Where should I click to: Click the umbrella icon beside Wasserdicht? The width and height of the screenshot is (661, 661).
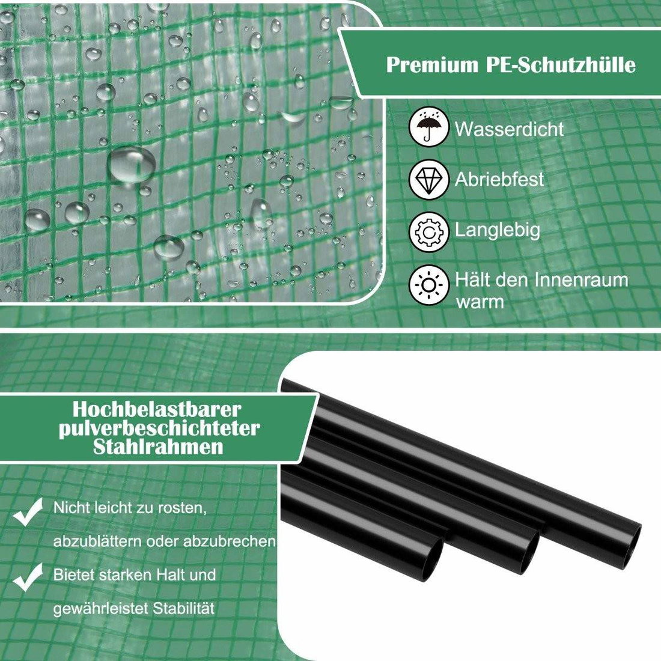[428, 127]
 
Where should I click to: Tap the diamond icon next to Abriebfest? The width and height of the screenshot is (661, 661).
[428, 180]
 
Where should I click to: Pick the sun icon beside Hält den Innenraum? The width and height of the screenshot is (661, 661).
[428, 285]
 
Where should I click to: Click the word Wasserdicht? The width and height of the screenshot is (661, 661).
[509, 129]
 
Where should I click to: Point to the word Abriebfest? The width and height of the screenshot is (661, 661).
[499, 179]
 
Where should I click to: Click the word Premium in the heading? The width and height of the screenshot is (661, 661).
[432, 65]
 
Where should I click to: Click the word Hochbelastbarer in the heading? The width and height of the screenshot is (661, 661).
[157, 409]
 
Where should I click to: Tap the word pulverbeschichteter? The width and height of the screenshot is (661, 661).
[159, 428]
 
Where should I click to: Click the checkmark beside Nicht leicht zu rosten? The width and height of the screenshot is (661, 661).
[28, 511]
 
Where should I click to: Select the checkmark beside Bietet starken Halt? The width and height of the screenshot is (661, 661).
[28, 577]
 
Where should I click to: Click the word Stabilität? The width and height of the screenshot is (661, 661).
[184, 608]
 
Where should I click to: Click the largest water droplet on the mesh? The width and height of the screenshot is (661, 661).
[131, 164]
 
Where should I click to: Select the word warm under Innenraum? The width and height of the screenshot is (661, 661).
[480, 302]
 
